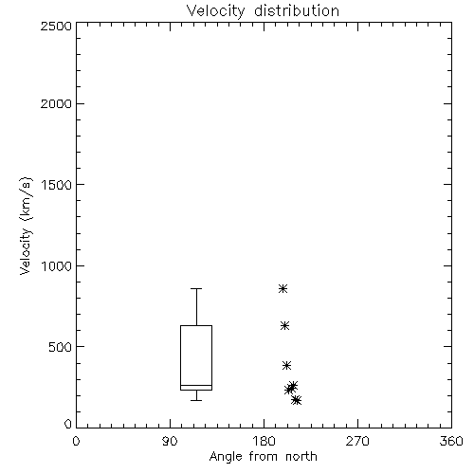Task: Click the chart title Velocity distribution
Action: click(263, 11)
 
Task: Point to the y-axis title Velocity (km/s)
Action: click(26, 226)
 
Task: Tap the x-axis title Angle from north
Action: click(263, 457)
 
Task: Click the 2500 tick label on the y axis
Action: click(56, 26)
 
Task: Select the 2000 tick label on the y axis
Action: click(56, 103)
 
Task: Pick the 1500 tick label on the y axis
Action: click(57, 185)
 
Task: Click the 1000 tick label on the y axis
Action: click(57, 266)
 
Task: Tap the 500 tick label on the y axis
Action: click(61, 347)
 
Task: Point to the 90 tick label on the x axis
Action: click(170, 441)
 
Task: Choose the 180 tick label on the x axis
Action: click(264, 441)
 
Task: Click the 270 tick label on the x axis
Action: click(357, 441)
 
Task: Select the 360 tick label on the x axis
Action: click(451, 441)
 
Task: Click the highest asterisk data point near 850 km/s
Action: click(283, 288)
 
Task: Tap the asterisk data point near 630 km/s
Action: click(284, 326)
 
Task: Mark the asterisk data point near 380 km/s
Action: click(286, 366)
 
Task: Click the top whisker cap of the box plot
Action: click(196, 288)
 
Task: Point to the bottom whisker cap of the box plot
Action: click(196, 400)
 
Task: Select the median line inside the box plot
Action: click(196, 385)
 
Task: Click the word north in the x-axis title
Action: click(301, 457)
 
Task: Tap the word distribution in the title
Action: click(297, 11)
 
